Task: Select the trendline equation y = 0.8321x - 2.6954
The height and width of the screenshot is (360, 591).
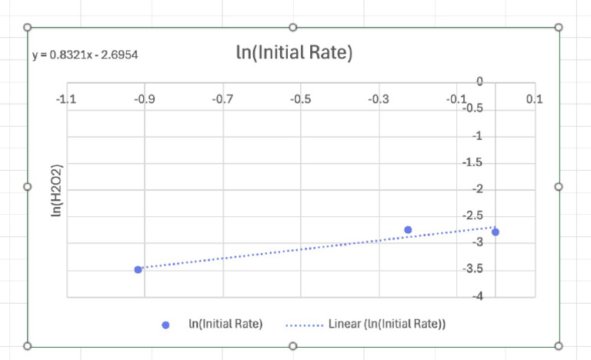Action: pyautogui.click(x=85, y=55)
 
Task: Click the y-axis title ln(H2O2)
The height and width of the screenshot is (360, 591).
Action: pyautogui.click(x=56, y=189)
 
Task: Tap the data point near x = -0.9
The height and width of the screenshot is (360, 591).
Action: pyautogui.click(x=138, y=269)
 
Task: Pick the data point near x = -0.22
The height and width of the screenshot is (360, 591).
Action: pyautogui.click(x=408, y=230)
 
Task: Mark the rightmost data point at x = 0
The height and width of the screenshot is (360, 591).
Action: pyautogui.click(x=496, y=232)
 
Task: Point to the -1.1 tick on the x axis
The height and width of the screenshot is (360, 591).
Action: pyautogui.click(x=67, y=99)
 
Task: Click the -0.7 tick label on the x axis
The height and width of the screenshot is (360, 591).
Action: pyautogui.click(x=223, y=99)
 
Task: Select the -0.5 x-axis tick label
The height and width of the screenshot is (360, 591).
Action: pyautogui.click(x=301, y=99)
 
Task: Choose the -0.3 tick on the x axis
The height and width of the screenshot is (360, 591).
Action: pyautogui.click(x=379, y=99)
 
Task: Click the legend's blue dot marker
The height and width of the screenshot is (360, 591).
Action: pyautogui.click(x=165, y=325)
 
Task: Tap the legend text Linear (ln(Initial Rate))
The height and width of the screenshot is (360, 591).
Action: pyautogui.click(x=387, y=324)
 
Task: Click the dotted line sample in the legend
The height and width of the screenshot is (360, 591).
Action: pyautogui.click(x=303, y=325)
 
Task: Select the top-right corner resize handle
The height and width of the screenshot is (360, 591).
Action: pyautogui.click(x=559, y=27)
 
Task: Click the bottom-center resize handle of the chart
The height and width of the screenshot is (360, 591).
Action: pyautogui.click(x=293, y=345)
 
